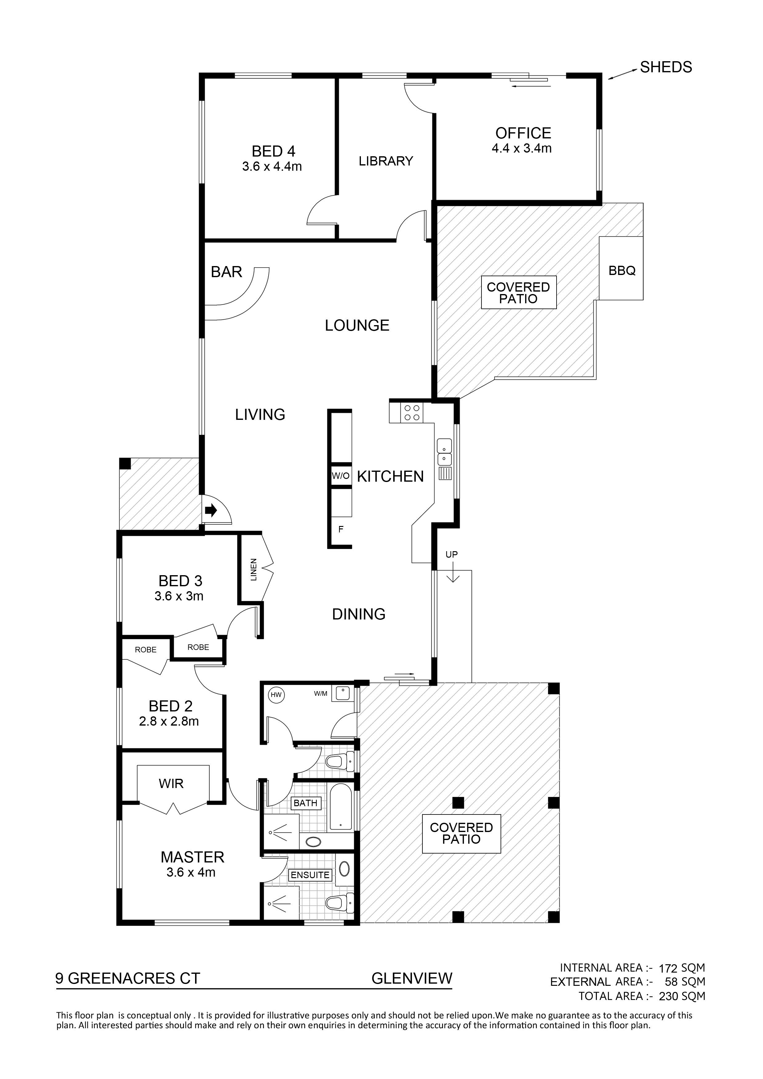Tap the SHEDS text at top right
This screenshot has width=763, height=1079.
click(666, 67)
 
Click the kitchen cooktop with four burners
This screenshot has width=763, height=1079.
click(412, 412)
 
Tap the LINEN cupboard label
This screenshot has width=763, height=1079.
click(254, 570)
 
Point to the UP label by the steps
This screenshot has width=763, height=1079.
click(451, 555)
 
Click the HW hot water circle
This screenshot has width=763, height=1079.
click(276, 695)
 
